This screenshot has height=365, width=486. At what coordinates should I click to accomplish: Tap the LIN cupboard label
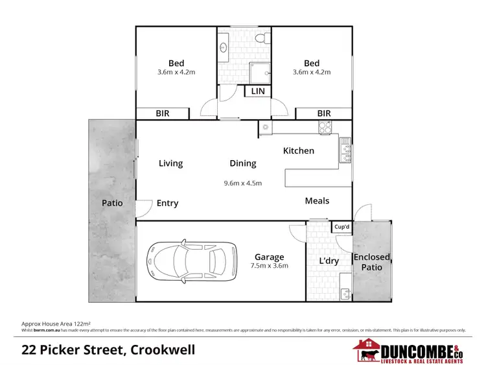pyautogui.click(x=258, y=91)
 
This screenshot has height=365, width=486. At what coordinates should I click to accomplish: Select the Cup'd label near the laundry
pyautogui.click(x=341, y=227)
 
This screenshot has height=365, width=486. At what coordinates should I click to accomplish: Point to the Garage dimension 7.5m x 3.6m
pyautogui.click(x=269, y=265)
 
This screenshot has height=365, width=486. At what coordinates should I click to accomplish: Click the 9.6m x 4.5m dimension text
pyautogui.click(x=242, y=183)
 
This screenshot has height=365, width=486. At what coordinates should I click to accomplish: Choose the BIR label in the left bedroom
pyautogui.click(x=162, y=113)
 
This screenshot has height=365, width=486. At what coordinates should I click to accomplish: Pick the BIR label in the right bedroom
pyautogui.click(x=323, y=113)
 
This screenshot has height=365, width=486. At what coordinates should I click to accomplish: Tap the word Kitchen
pyautogui.click(x=299, y=150)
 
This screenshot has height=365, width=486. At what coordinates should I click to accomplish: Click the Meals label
pyautogui.click(x=317, y=201)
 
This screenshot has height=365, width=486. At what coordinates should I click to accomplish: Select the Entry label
pyautogui.click(x=167, y=203)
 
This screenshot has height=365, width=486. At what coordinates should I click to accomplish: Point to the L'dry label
pyautogui.click(x=330, y=261)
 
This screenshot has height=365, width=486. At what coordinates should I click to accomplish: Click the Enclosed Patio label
pyautogui.click(x=371, y=262)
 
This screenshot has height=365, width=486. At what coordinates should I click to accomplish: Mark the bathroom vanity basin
pyautogui.click(x=224, y=47)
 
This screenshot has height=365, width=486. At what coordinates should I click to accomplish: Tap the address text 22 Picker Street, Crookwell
pyautogui.click(x=108, y=350)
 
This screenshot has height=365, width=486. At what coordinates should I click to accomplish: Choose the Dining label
pyautogui.click(x=243, y=163)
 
